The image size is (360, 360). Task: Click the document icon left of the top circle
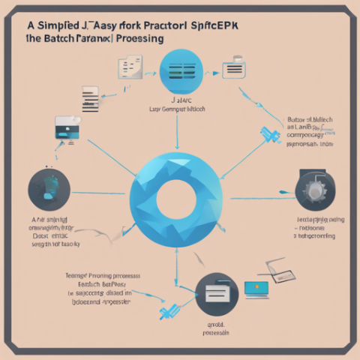pyautogui.click(x=130, y=69)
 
